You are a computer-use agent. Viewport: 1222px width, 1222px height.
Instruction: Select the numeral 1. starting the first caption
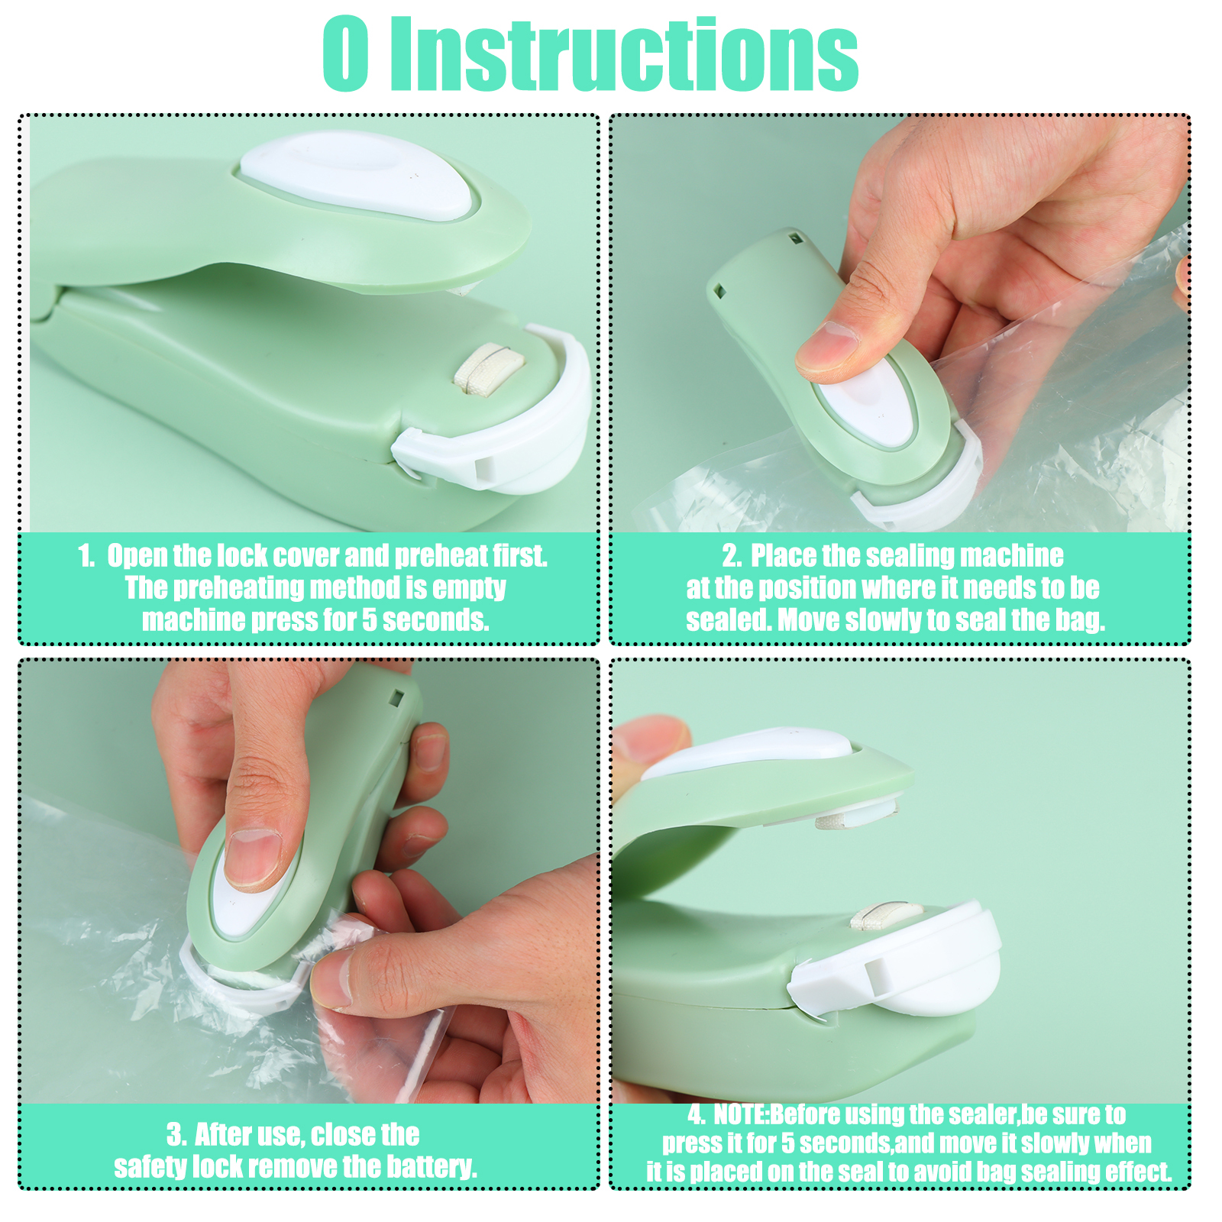pos(87,556)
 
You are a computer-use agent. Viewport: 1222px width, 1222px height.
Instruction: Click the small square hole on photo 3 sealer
pos(396,697)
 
